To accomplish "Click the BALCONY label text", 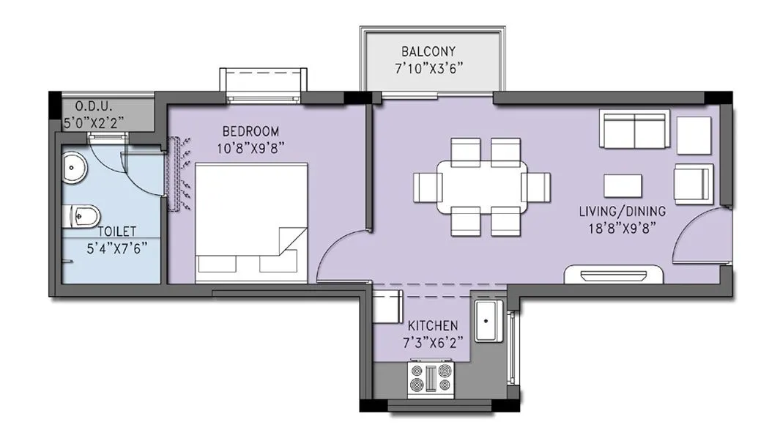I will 428,51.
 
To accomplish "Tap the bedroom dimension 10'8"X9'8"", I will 250,147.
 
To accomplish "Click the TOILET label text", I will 113,231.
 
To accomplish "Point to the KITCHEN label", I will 433,325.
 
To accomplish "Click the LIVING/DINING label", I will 622,211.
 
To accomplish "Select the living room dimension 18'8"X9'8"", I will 622,227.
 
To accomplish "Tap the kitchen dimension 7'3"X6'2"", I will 433,341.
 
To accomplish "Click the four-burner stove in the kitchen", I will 432,380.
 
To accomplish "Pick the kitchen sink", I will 488,320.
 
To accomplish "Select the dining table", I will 481,186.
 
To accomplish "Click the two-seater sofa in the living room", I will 634,130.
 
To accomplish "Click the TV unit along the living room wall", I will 614,275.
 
